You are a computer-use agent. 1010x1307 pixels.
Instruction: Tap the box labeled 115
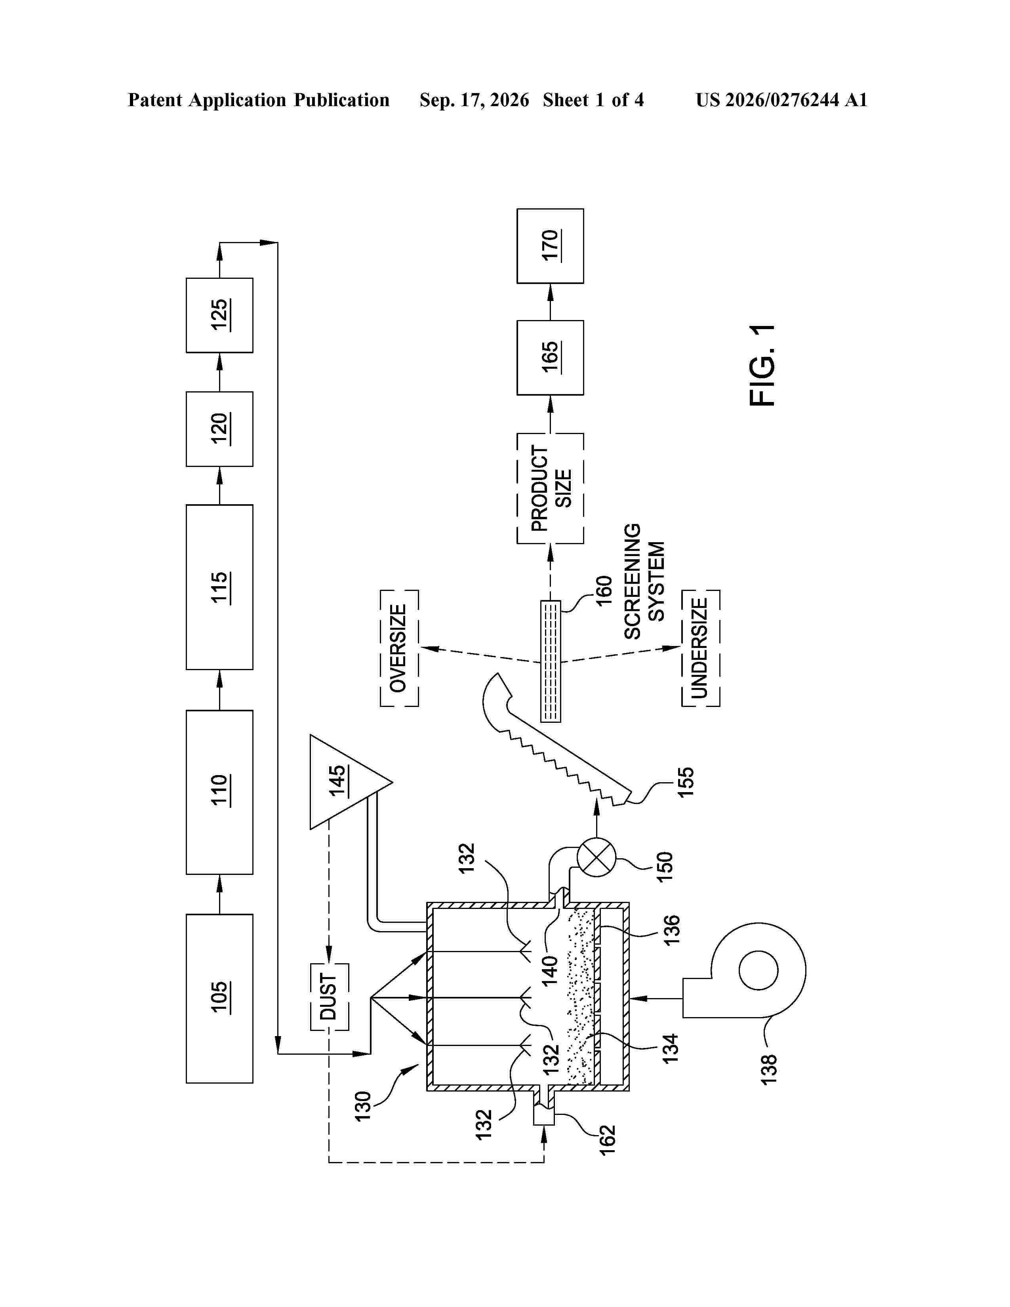(x=219, y=587)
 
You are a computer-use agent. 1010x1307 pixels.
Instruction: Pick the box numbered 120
(x=219, y=429)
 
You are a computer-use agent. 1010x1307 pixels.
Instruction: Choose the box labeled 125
(x=219, y=315)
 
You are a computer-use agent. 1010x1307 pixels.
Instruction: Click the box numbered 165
(x=550, y=358)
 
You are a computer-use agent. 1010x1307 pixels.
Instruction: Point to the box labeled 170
(x=550, y=246)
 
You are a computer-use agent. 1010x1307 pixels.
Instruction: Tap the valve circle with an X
(x=596, y=857)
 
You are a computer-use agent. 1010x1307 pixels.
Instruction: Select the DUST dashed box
(x=329, y=997)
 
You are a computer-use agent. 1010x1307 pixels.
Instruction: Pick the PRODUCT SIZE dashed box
(x=550, y=488)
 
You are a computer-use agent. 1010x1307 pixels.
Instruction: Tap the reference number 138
(x=768, y=1069)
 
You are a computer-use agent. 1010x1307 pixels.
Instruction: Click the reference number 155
(x=685, y=781)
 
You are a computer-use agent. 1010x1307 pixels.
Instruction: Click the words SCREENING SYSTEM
(x=644, y=581)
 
